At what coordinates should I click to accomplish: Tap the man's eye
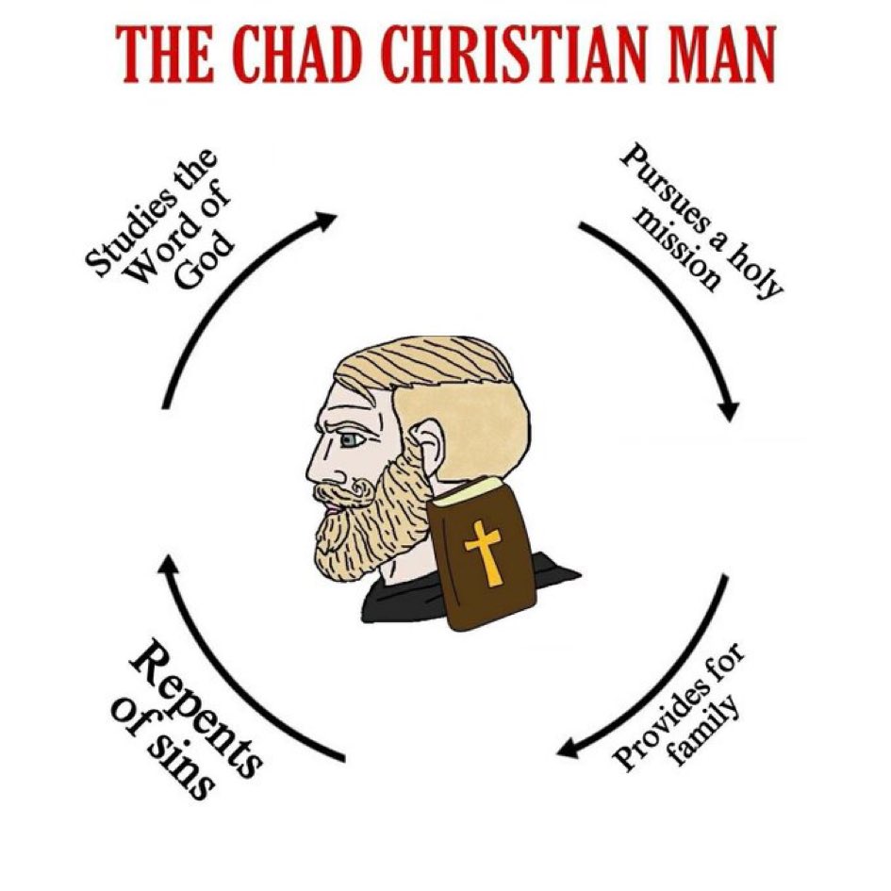coord(351,440)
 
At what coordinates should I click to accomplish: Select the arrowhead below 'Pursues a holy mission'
coord(729,413)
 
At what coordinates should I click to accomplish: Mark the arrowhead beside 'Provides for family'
coord(567,751)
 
